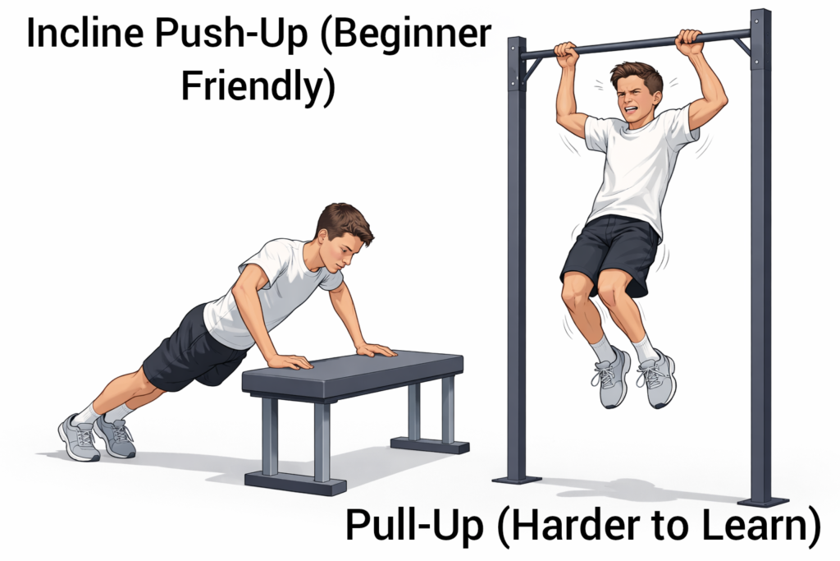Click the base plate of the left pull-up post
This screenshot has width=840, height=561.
point(516,479)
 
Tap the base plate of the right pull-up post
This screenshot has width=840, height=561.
point(762,501)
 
